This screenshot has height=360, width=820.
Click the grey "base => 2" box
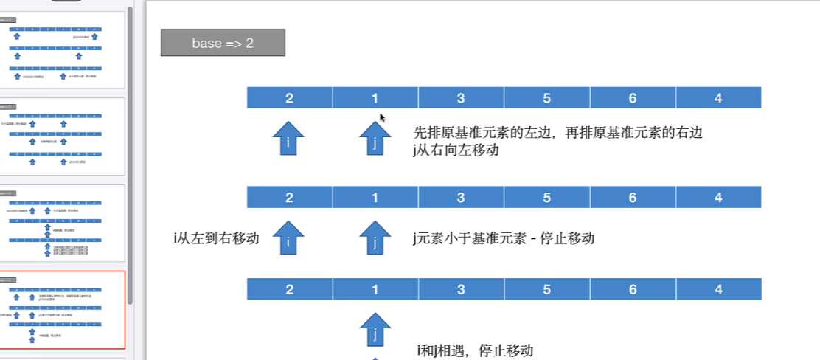(x=223, y=43)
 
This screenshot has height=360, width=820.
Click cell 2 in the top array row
(x=289, y=97)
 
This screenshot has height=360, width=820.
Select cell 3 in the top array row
(x=461, y=97)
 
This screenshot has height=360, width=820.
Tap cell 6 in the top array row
(x=633, y=97)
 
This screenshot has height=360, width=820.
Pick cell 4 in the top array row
(x=718, y=97)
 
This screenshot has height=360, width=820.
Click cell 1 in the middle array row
(x=375, y=197)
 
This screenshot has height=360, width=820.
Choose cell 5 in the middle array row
(x=547, y=197)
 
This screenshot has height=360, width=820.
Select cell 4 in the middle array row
(x=718, y=197)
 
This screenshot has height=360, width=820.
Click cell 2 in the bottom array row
(x=289, y=289)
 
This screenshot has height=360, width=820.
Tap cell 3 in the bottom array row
(x=461, y=289)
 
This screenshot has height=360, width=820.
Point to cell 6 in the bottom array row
(x=633, y=289)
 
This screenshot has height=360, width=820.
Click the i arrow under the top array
(x=288, y=139)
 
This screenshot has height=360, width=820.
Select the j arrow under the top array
(x=375, y=139)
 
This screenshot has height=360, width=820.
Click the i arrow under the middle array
(x=288, y=238)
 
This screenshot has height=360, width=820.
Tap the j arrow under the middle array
(x=375, y=238)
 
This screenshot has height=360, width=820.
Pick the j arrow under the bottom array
(x=375, y=330)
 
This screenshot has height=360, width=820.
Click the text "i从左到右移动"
(x=216, y=238)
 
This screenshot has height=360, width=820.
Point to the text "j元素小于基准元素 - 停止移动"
(x=504, y=238)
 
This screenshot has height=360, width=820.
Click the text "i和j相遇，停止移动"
(x=474, y=350)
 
